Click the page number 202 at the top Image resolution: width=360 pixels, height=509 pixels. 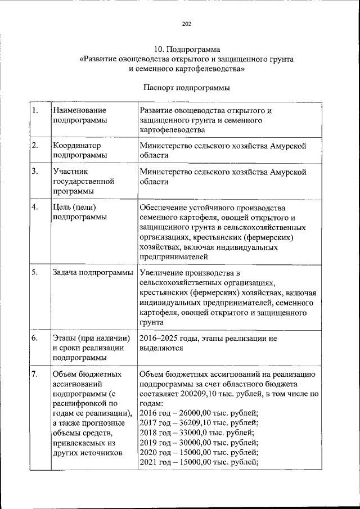click(187, 23)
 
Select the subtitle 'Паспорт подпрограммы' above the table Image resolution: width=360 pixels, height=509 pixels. click(187, 88)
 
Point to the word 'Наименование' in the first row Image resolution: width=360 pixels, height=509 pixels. click(79, 110)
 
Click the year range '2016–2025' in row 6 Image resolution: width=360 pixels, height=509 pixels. click(159, 338)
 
